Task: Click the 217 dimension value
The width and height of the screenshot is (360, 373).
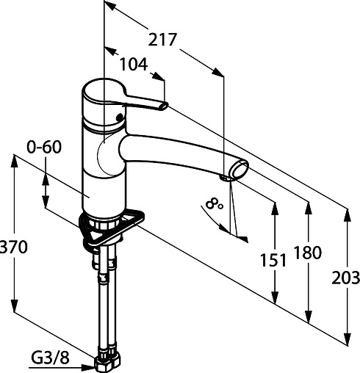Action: click(x=162, y=40)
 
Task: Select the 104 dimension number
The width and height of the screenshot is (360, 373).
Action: click(x=134, y=64)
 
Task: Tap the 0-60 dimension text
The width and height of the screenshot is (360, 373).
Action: click(x=44, y=148)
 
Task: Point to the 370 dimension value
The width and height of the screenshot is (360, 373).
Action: click(x=13, y=247)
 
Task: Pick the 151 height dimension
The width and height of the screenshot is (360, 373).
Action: click(x=273, y=260)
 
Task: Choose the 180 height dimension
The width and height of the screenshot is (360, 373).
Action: click(x=308, y=253)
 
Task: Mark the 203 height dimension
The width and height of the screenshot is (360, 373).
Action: click(x=345, y=278)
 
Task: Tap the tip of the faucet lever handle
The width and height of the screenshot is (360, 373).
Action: click(x=165, y=106)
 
